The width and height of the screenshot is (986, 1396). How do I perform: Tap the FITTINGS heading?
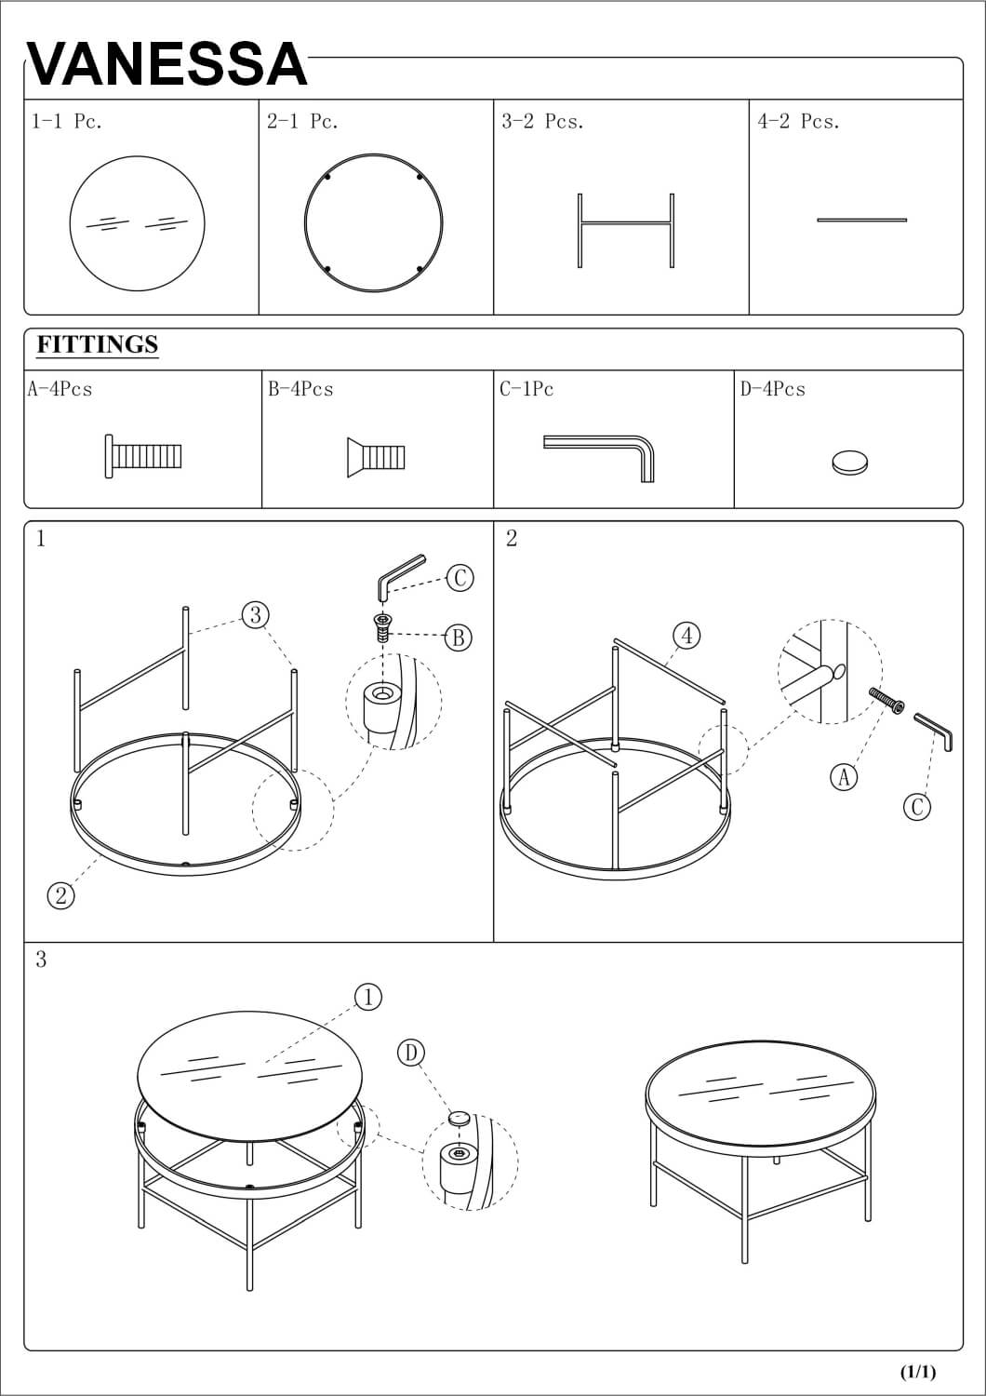[97, 344]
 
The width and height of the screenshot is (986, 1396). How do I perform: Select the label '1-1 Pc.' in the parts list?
[67, 121]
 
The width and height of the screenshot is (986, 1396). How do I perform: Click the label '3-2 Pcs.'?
[542, 121]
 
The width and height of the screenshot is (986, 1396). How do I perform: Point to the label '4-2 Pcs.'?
[798, 121]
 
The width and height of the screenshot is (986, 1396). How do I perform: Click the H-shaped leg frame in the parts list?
[626, 223]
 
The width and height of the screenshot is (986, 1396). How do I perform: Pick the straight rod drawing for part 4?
[862, 220]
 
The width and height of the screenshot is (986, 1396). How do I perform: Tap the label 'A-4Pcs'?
[60, 390]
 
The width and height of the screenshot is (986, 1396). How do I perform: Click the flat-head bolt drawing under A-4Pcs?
[143, 456]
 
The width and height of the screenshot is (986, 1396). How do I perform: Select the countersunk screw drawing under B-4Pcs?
[376, 458]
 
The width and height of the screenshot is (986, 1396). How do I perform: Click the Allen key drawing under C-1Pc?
[599, 458]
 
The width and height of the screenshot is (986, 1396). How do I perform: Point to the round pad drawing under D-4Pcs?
[849, 462]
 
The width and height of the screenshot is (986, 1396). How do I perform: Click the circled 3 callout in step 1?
[256, 615]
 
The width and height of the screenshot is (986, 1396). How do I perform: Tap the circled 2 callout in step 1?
[61, 896]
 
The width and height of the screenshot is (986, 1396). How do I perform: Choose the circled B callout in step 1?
[458, 638]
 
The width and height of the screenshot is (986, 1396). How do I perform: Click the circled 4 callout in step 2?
[687, 636]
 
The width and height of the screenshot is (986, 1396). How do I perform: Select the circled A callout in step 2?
[844, 777]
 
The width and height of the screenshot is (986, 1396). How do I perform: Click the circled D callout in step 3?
[411, 1053]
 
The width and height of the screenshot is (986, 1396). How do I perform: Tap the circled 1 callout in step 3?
[368, 997]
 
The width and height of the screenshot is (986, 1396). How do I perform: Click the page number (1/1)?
[917, 1371]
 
